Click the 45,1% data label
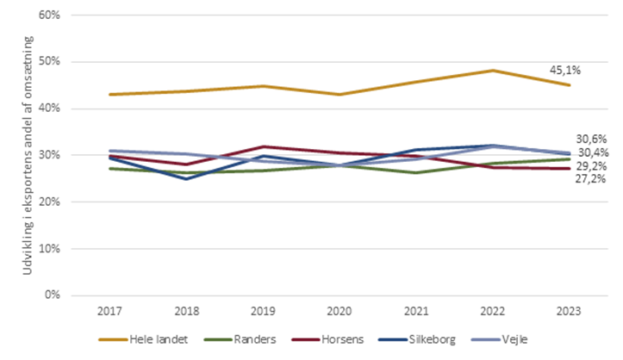(x=566, y=71)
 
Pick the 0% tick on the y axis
(x=53, y=295)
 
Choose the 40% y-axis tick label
(x=50, y=109)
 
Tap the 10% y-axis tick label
(x=50, y=248)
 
